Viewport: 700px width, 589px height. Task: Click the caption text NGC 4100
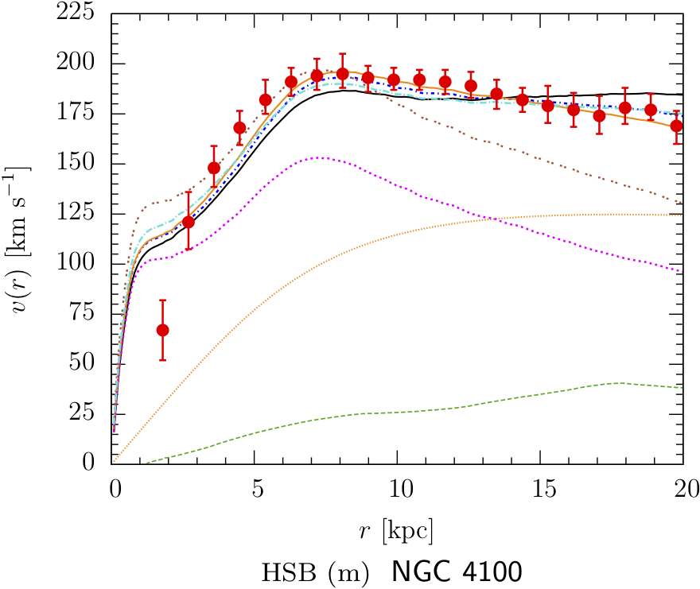[x=457, y=572]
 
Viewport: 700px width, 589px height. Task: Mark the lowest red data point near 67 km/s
[x=162, y=330]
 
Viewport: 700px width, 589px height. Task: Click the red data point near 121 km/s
[x=188, y=222]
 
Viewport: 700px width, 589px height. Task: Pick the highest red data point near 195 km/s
[x=342, y=74]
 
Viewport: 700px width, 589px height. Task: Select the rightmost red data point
[x=676, y=126]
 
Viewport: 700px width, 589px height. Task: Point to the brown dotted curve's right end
[x=682, y=204]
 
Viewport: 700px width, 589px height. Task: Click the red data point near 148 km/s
[x=214, y=168]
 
